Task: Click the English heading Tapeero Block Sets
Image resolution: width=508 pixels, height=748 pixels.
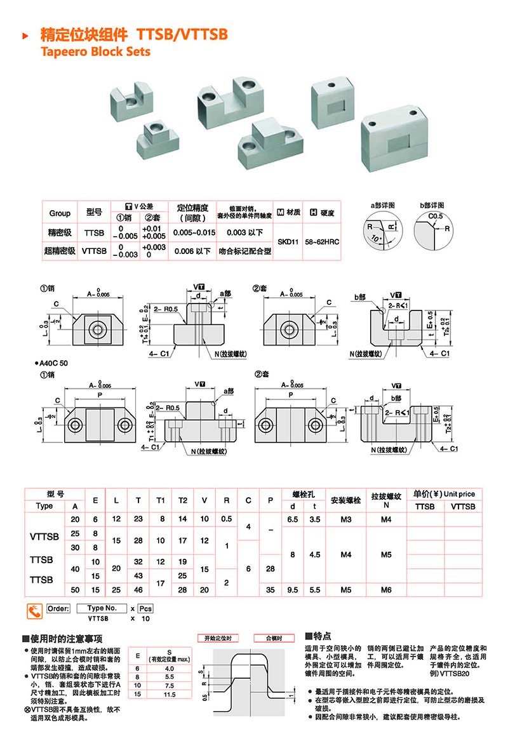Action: pos(95,51)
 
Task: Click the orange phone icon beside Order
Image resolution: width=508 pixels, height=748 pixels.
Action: pos(34,611)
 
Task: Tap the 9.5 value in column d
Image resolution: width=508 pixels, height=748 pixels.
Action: pos(293,590)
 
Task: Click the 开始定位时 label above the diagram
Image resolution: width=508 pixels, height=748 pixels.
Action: pos(218,638)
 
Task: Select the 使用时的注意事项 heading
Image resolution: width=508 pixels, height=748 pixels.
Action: pos(62,638)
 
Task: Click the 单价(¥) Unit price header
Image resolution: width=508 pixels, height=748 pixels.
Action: pos(444,494)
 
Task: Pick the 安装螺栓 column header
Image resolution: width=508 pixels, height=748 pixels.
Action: pos(346,500)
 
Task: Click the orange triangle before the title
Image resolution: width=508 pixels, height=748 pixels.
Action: pos(25,36)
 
